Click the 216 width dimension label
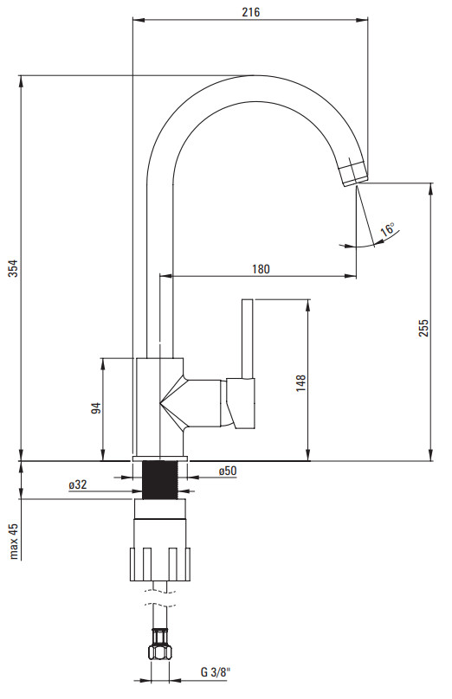click(x=251, y=12)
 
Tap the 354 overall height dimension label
click(x=13, y=268)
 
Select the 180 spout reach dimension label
click(x=261, y=269)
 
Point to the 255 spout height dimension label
click(x=423, y=328)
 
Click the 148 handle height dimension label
click(x=301, y=383)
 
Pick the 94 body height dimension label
click(x=96, y=408)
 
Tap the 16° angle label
click(x=387, y=229)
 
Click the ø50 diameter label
click(x=228, y=471)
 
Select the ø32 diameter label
click(x=78, y=484)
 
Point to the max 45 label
click(x=14, y=541)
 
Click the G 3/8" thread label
click(x=216, y=672)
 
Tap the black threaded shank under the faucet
click(x=159, y=480)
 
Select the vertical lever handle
click(x=247, y=339)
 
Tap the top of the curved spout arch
click(x=254, y=76)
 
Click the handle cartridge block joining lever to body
click(x=241, y=403)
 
